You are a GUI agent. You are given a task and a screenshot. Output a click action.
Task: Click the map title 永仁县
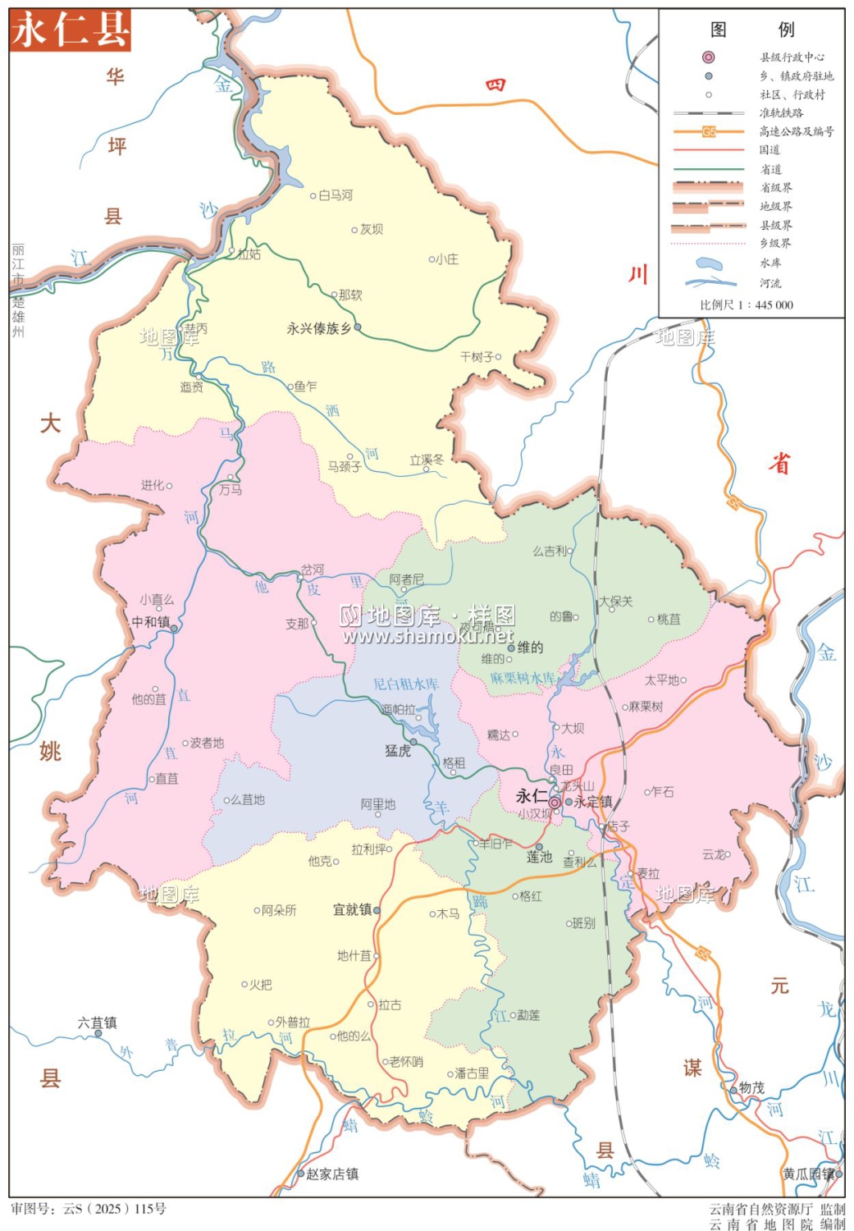(71, 30)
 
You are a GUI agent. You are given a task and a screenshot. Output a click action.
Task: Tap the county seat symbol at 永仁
(555, 802)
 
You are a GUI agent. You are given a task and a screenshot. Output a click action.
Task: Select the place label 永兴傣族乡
(318, 328)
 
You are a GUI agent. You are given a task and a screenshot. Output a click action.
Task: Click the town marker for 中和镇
(174, 629)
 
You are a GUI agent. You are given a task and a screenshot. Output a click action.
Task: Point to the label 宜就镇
(352, 909)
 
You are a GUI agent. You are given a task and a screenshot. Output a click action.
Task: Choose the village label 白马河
(336, 195)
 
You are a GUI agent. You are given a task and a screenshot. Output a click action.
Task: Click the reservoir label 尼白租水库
(405, 684)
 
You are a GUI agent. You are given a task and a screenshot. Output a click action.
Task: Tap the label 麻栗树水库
(522, 679)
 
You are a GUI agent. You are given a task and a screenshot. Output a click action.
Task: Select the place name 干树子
(477, 357)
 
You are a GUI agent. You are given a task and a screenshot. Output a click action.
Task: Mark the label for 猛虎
(398, 750)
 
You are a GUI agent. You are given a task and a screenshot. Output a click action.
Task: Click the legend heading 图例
(751, 30)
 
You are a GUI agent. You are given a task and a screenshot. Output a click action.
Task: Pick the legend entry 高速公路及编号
(796, 131)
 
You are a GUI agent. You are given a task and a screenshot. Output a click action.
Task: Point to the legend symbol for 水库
(708, 264)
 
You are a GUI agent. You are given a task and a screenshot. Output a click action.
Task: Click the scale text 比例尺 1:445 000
(746, 304)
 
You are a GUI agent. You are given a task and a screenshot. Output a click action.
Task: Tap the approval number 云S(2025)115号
(89, 1209)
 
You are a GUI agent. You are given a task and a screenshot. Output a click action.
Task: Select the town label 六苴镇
(97, 1023)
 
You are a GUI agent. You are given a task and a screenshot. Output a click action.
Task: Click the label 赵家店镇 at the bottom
(331, 1174)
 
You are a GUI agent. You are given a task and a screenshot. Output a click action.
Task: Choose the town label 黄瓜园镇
(807, 1174)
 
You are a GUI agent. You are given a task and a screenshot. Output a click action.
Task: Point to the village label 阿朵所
(279, 910)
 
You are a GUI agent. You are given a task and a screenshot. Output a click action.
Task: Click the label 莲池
(539, 857)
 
